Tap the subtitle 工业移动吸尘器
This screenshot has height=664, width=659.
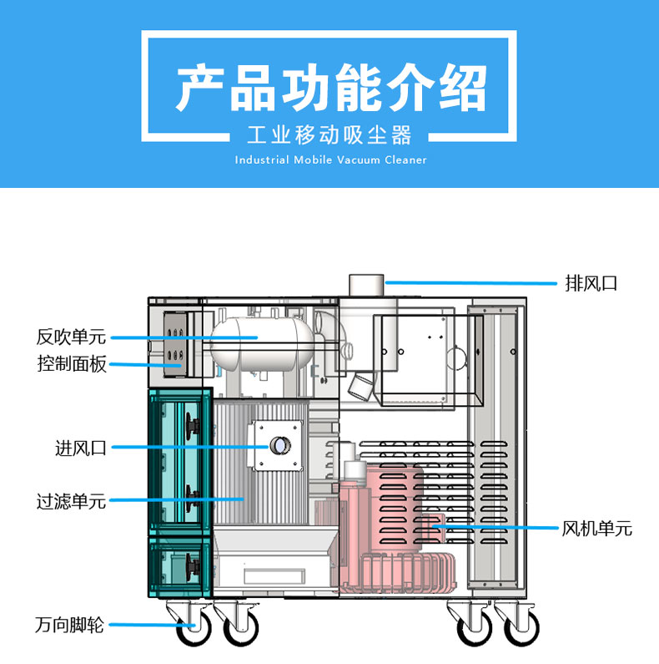(x=329, y=134)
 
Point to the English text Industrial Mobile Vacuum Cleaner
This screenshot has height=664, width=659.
(x=329, y=160)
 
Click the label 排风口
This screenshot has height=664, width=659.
(x=591, y=283)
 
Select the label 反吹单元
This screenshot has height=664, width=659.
(x=72, y=337)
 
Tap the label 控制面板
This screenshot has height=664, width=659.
(x=72, y=364)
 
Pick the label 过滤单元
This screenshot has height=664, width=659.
(x=72, y=501)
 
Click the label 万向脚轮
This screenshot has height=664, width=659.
(x=70, y=625)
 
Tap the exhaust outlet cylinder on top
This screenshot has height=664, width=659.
(x=365, y=285)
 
